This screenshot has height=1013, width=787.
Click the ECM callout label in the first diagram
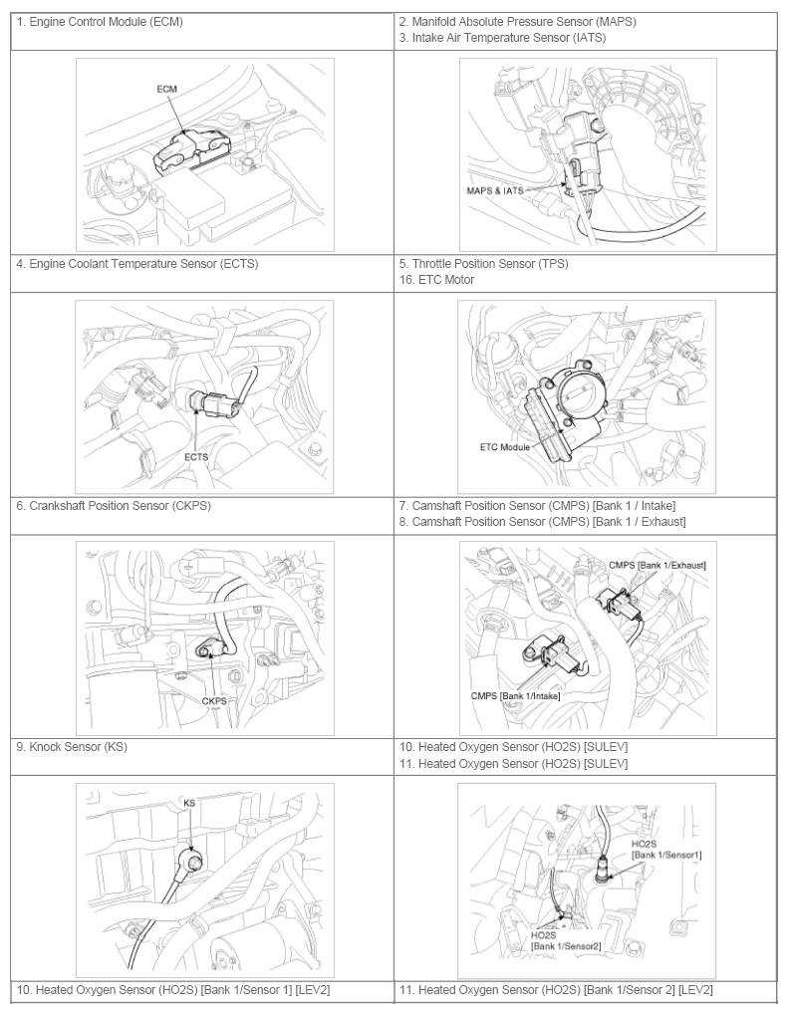166,90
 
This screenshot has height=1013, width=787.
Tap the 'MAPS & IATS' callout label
495,190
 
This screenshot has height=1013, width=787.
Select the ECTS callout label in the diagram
196,457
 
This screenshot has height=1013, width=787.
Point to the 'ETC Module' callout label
505,447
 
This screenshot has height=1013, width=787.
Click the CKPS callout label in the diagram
214,701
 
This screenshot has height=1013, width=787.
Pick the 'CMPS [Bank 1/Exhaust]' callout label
657,566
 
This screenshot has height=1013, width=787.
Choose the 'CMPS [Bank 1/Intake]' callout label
516,696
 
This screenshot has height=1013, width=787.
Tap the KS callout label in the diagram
189,803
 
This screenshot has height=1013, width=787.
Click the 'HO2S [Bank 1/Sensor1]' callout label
666,850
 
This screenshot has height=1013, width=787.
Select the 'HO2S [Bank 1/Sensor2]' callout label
566,940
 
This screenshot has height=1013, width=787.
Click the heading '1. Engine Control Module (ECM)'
100,22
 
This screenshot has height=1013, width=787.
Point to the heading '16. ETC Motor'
436,280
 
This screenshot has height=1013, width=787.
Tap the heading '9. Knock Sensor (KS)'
72,747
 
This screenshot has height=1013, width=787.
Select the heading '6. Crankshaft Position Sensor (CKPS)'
114,505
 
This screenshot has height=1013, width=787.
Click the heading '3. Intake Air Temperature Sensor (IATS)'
503,38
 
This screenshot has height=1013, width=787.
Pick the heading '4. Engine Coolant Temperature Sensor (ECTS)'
137,264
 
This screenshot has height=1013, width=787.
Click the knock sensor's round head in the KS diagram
192,860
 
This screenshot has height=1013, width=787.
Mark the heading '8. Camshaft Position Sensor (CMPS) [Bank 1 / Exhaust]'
543,521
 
